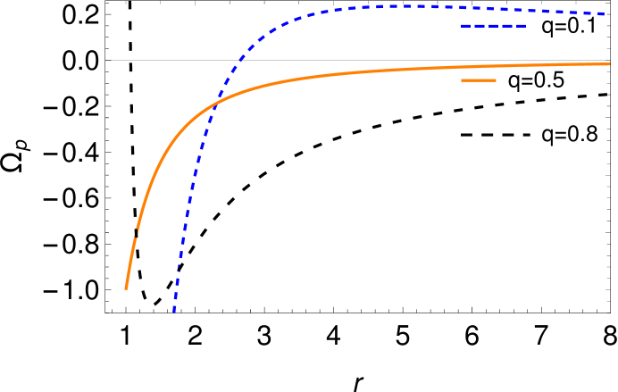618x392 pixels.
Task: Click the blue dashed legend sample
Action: [x=494, y=26]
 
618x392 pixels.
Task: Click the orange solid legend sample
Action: [x=478, y=80]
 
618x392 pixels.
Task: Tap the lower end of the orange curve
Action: [x=126, y=288]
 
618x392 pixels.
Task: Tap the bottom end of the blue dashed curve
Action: [x=174, y=311]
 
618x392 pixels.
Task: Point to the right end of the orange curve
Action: [x=609, y=63]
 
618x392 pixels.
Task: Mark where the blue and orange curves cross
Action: [x=217, y=101]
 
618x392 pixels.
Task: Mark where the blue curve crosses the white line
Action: [x=239, y=61]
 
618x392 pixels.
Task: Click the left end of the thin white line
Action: [x=106, y=61]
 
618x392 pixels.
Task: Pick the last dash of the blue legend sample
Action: [x=521, y=26]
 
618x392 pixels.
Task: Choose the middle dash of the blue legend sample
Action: [x=494, y=26]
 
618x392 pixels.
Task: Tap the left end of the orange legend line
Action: [x=462, y=80]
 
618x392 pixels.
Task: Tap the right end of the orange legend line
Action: [x=495, y=80]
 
